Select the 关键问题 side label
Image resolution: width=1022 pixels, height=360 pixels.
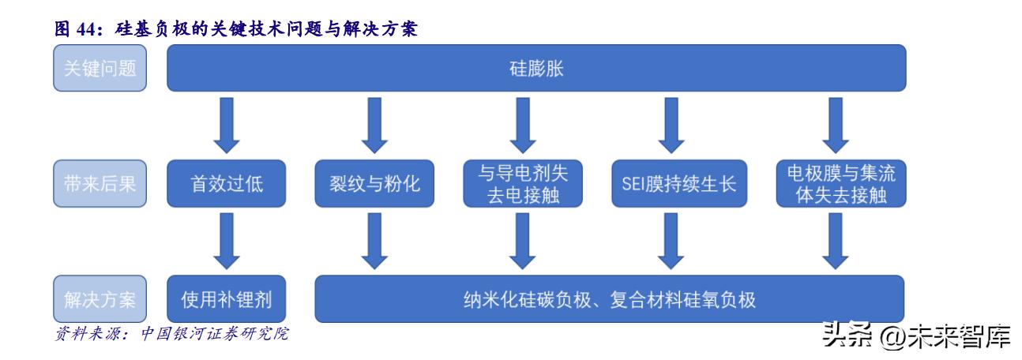point(100,68)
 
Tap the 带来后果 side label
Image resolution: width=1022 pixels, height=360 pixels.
point(100,184)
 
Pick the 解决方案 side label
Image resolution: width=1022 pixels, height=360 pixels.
point(100,298)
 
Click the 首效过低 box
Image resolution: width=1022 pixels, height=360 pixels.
point(226,184)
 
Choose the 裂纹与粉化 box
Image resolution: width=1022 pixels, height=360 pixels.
point(374,184)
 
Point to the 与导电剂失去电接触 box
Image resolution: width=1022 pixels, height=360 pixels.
point(523,184)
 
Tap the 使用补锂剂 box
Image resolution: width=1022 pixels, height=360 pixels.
point(226,298)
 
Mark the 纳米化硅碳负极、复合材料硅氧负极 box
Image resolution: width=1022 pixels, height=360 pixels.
point(609,298)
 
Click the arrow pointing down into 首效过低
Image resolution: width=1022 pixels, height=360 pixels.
point(226,126)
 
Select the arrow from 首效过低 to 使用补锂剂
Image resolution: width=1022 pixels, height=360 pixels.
point(226,241)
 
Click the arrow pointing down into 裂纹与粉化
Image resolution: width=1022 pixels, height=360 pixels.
point(375,126)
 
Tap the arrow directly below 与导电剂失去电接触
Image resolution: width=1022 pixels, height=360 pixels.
point(523,241)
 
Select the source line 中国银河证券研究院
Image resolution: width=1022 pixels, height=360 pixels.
point(213,335)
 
